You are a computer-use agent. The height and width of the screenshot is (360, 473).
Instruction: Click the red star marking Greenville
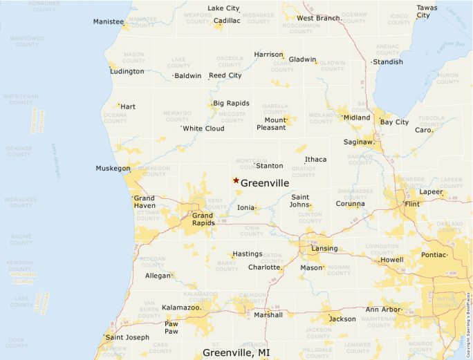pos(236,180)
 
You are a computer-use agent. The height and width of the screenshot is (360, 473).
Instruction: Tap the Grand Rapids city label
pos(203,219)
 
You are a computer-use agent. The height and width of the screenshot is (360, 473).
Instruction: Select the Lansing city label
pos(324,249)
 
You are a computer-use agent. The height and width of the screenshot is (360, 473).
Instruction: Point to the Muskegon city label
pos(113,168)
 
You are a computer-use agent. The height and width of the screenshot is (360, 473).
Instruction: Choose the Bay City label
pos(394,122)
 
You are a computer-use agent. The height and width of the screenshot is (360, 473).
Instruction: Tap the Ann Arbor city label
pos(382,309)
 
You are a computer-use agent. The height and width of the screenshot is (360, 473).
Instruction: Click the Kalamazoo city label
pos(180,307)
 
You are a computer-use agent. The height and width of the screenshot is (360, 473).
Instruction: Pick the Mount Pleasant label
pos(271,124)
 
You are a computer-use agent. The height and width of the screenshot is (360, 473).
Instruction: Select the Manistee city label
pos(108,21)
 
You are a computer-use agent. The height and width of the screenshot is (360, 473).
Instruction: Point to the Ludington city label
pos(127,71)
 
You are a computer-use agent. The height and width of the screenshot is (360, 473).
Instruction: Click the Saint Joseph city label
pos(127,337)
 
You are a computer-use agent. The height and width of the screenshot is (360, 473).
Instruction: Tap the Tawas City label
pos(427,12)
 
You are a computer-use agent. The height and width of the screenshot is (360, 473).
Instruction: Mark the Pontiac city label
pos(434,254)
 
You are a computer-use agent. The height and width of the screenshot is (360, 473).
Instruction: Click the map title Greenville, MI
pos(236,352)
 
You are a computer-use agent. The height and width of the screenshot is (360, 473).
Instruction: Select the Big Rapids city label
pos(231,103)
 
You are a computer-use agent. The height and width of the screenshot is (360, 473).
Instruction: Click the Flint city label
pos(412,205)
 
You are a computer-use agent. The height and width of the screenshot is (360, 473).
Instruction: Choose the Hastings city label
pos(248,254)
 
